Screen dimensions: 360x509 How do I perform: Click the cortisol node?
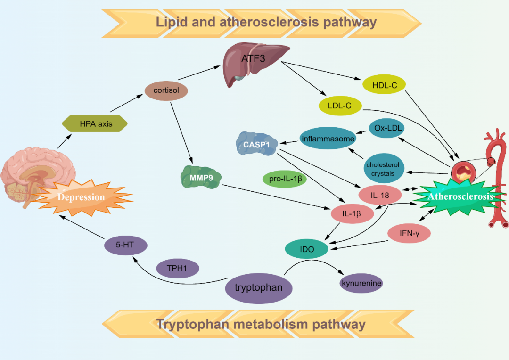coord(166,90)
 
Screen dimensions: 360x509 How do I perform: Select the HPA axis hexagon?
coord(95,124)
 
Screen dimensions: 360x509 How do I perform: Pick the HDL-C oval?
coord(385,85)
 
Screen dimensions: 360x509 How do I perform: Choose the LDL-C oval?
coord(339,106)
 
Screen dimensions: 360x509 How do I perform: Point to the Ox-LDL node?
coord(386,128)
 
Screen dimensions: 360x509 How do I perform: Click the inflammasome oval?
coord(328,139)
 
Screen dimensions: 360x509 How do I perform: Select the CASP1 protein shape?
coord(256,145)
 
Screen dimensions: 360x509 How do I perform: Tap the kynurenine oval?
coord(361,283)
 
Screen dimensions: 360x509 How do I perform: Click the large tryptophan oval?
coord(259,287)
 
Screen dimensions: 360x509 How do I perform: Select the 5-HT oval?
coord(125,245)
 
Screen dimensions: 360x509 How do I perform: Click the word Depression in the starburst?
coord(81,196)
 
